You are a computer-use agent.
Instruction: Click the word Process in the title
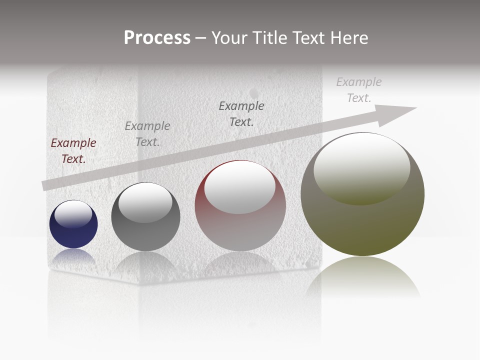tap(157, 38)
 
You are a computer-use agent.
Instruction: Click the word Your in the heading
tap(229, 38)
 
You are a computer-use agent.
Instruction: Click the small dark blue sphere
tap(73, 232)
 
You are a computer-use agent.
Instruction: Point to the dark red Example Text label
tap(73, 150)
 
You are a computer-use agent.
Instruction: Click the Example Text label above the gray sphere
tap(147, 133)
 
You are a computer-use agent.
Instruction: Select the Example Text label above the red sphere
tap(241, 113)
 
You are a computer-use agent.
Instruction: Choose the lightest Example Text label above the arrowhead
tap(358, 89)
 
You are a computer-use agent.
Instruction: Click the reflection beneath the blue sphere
tap(73, 255)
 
